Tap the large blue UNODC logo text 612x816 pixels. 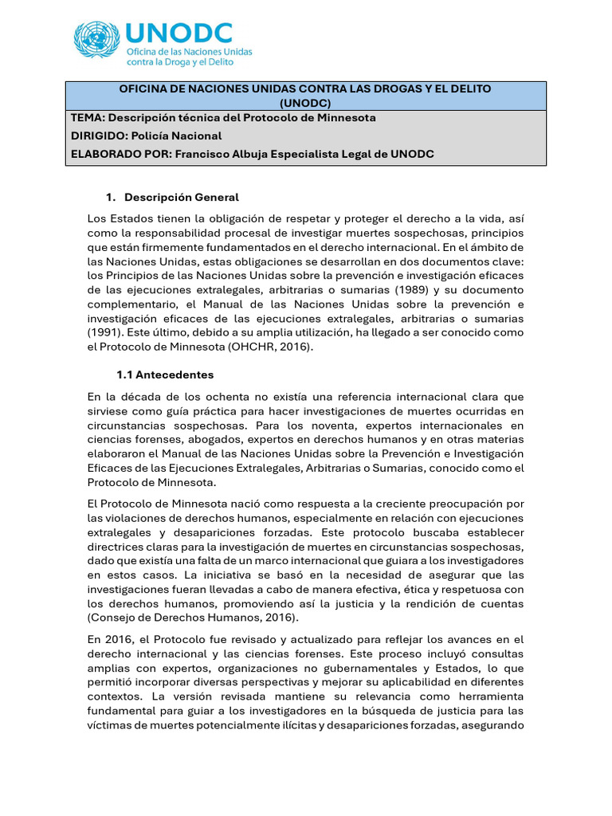click(180, 33)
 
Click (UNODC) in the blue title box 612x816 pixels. click(305, 103)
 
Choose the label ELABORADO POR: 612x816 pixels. click(120, 154)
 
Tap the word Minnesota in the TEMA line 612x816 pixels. click(343, 117)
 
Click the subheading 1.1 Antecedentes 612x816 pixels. click(165, 375)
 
